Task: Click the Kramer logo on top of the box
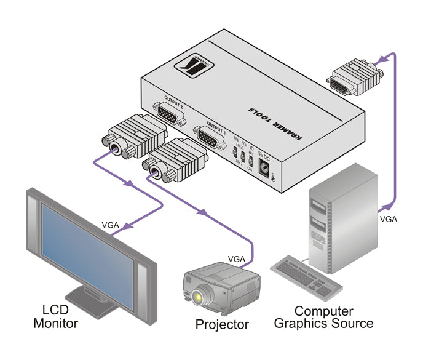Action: tap(196, 65)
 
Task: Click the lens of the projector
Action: tap(198, 298)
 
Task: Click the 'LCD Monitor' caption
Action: tap(55, 316)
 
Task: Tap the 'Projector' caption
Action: tap(222, 324)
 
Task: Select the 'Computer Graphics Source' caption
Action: tap(323, 317)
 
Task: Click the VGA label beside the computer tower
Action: tap(389, 218)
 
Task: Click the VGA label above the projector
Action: tap(238, 258)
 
